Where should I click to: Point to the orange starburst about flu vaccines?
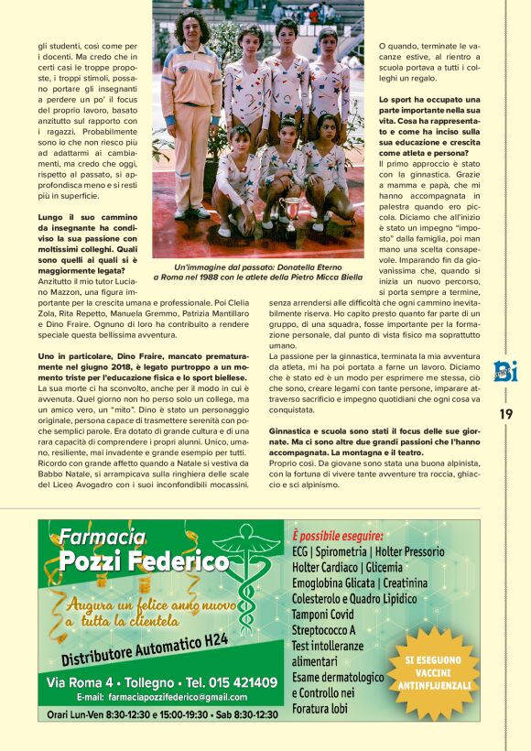[438, 671]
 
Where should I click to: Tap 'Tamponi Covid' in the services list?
[321, 614]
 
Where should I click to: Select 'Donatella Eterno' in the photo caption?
[320, 265]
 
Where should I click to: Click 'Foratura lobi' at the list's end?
[320, 708]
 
